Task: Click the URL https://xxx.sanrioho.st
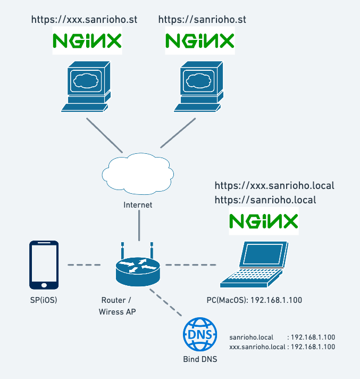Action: click(85, 20)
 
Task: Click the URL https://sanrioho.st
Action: click(202, 20)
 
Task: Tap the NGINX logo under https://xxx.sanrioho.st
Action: click(87, 41)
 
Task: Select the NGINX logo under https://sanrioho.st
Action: click(200, 41)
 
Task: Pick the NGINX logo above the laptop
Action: click(263, 221)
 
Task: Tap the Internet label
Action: click(138, 205)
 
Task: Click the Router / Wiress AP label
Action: click(118, 306)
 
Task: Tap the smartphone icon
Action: click(44, 265)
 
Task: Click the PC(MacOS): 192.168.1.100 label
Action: click(254, 300)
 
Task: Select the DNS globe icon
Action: click(200, 334)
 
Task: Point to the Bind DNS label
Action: click(200, 359)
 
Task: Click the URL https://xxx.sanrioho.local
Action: click(274, 186)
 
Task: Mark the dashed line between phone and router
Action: click(83, 265)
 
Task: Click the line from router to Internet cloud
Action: click(139, 225)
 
